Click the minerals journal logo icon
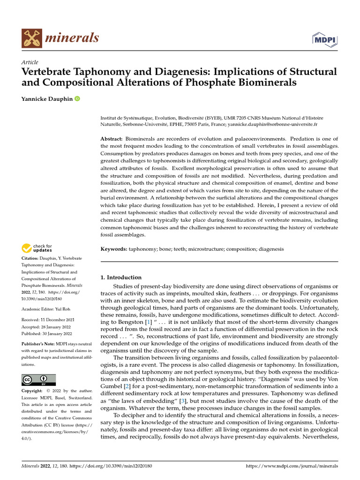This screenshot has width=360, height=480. click(32, 37)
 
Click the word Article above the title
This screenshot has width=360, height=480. click(30, 62)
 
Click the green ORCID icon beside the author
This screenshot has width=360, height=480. click(77, 99)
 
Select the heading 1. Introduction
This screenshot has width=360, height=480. click(121, 277)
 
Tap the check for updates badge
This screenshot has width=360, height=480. click(37, 248)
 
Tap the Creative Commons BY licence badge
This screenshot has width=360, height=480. click(39, 380)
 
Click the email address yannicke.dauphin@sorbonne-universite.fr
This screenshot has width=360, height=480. click(272, 125)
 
